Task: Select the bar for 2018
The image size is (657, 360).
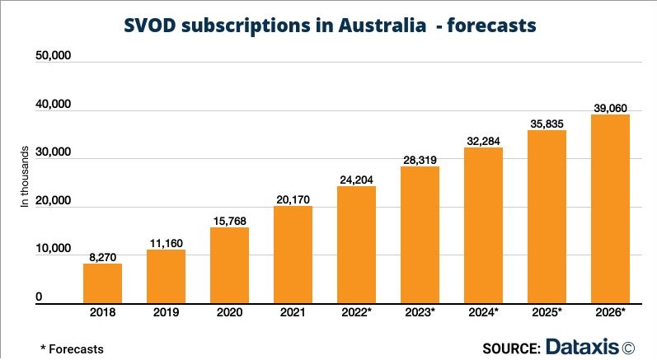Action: tap(102, 283)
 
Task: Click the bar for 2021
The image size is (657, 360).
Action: tap(293, 255)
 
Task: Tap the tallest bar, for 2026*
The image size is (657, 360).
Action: tap(610, 209)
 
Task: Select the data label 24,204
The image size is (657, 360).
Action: tap(356, 178)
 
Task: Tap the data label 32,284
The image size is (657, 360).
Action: tap(483, 139)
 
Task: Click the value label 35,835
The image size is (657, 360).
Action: tap(547, 123)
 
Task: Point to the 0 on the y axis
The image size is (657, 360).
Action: tap(39, 297)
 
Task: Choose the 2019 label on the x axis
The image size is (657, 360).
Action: tap(166, 314)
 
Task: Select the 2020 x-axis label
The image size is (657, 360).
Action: tap(229, 314)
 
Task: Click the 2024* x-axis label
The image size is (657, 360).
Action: tap(483, 314)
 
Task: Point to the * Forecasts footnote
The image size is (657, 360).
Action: tap(72, 348)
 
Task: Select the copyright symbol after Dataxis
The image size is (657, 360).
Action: tap(629, 348)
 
